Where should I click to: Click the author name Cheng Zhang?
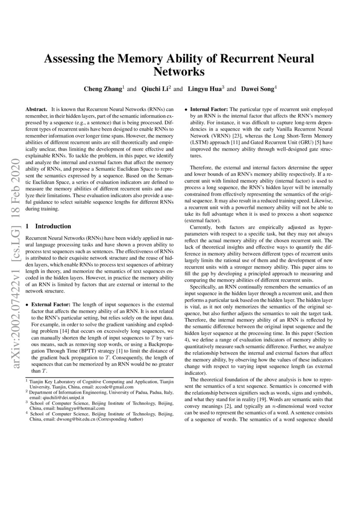point(103,89)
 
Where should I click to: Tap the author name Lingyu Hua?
point(205,89)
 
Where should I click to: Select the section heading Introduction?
point(53,226)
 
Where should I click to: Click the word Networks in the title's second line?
point(180,71)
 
